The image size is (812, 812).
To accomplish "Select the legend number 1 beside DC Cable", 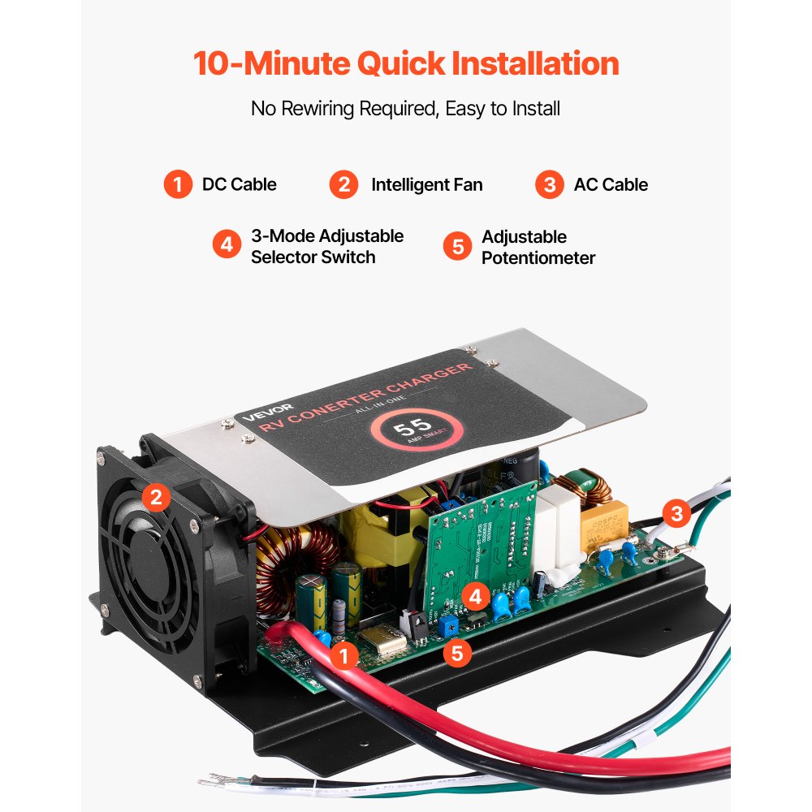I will click(177, 184).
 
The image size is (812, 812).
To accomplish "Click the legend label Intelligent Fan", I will click(426, 184).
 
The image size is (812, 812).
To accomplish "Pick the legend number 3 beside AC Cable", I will click(550, 184).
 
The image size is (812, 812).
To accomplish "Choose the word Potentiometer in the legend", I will click(538, 257).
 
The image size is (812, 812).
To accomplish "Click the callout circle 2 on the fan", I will click(157, 497).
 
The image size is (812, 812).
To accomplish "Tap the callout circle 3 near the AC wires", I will click(676, 513).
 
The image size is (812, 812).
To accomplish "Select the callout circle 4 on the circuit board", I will click(476, 598).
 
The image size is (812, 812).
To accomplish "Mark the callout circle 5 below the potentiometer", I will click(457, 652).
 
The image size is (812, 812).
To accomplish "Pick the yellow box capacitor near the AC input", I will click(605, 520).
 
